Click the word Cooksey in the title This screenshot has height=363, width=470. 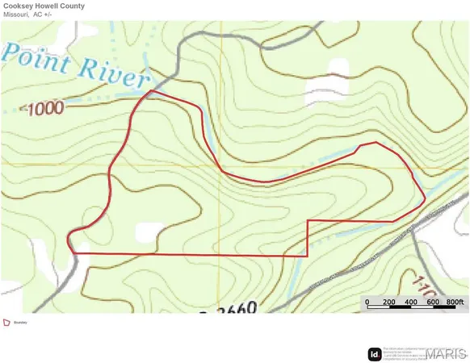click(x=20, y=6)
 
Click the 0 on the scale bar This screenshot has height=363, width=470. click(x=367, y=302)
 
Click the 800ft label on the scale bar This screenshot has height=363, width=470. click(x=457, y=302)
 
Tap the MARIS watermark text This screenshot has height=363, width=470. click(x=445, y=353)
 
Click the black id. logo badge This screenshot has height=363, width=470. click(x=375, y=353)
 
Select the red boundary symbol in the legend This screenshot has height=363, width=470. click(x=6, y=323)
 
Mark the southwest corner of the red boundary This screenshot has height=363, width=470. click(x=74, y=254)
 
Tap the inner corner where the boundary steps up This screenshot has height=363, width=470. click(x=308, y=220)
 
